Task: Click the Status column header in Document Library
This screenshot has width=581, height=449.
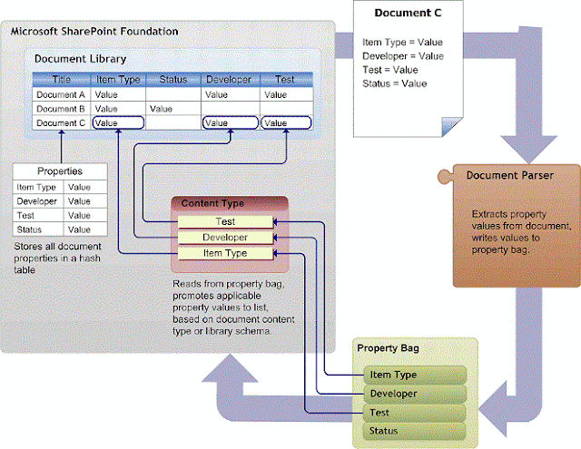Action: [x=172, y=79]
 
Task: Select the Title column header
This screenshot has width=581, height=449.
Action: [x=61, y=79]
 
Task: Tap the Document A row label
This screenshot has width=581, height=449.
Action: [x=61, y=93]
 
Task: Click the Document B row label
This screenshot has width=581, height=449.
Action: [x=61, y=108]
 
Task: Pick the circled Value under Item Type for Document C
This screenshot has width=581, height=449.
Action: [x=118, y=122]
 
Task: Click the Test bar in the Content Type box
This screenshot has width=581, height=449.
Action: [x=225, y=221]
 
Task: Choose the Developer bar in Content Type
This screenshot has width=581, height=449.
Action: [x=225, y=237]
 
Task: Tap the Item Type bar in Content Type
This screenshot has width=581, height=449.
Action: [x=225, y=252]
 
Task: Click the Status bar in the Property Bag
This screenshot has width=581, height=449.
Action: [x=413, y=430]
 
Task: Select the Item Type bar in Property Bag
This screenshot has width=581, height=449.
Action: [x=413, y=375]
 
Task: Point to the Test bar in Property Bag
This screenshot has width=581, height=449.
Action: [x=413, y=412]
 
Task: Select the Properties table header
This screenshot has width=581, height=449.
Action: [x=60, y=171]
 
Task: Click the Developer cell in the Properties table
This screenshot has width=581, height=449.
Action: [x=38, y=200]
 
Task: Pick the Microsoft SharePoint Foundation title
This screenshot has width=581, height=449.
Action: [x=94, y=33]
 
